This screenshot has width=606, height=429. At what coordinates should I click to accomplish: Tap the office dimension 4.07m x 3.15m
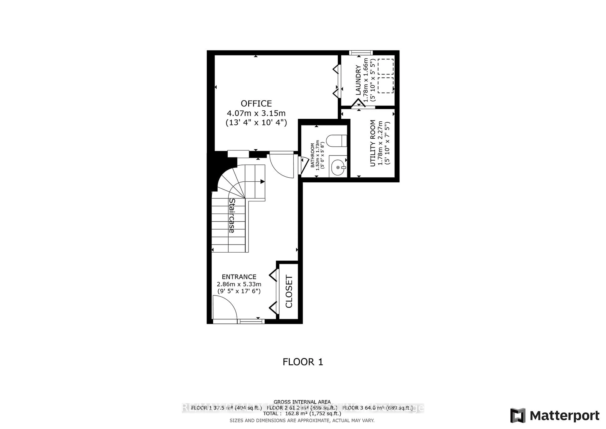pyautogui.click(x=256, y=113)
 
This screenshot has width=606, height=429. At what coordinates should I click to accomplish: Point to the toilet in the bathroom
pyautogui.click(x=336, y=141)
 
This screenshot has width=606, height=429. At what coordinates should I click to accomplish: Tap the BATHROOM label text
pyautogui.click(x=312, y=155)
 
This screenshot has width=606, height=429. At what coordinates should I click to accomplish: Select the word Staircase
pyautogui.click(x=232, y=216)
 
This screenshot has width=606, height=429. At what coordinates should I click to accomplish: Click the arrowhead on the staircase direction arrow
pyautogui.click(x=262, y=181)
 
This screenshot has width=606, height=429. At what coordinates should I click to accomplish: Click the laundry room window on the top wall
pyautogui.click(x=361, y=53)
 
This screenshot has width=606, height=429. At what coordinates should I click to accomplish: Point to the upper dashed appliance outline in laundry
pyautogui.click(x=386, y=66)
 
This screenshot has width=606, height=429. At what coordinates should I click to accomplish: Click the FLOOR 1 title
pyautogui.click(x=303, y=362)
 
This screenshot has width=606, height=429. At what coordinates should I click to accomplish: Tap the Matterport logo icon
pyautogui.click(x=518, y=416)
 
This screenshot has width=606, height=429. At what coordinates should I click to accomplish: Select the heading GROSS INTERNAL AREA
pyautogui.click(x=302, y=402)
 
